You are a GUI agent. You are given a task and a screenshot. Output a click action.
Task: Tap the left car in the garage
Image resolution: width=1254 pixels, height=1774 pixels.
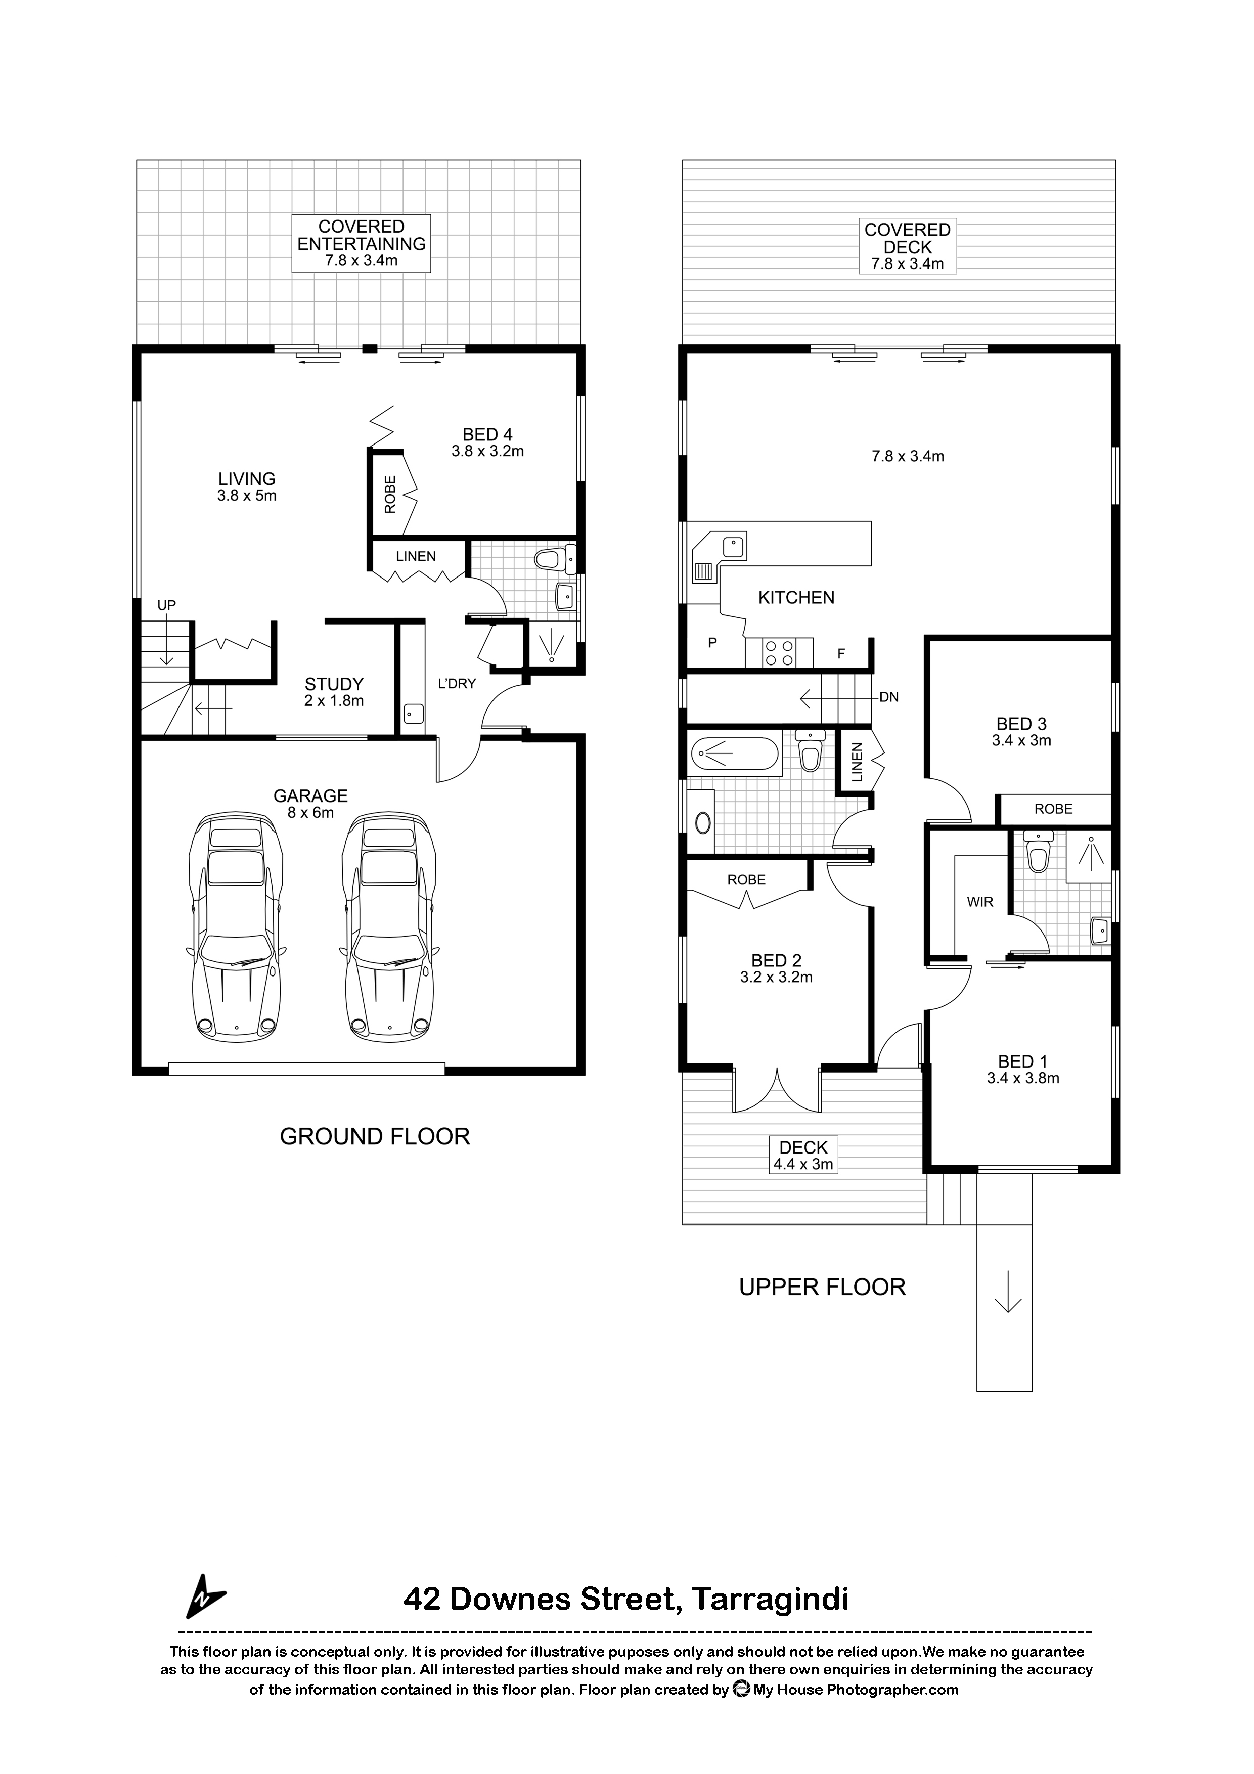point(236,926)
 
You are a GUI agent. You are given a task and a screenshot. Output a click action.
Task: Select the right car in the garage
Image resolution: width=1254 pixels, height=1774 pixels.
point(389,926)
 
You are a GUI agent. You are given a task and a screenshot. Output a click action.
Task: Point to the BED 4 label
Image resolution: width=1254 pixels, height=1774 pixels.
point(487,435)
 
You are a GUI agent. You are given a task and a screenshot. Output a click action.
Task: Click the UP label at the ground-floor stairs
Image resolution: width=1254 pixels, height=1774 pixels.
point(167,606)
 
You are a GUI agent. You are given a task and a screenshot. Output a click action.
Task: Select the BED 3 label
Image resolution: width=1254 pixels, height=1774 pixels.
point(1021,724)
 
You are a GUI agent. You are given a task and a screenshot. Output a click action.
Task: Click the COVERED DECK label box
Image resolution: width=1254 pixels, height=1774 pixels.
point(907,246)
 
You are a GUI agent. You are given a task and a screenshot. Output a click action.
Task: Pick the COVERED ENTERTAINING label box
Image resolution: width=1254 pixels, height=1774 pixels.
point(362,243)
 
